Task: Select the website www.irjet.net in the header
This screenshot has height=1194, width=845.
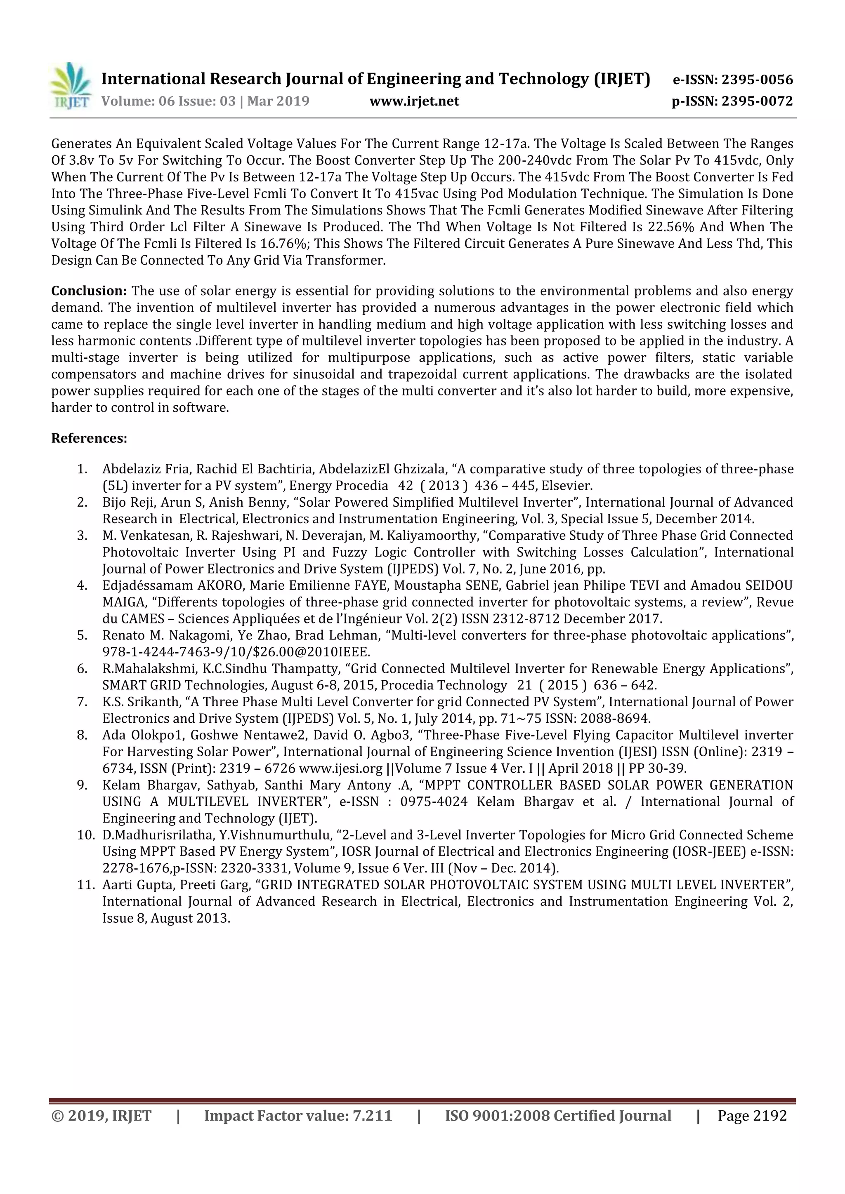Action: point(414,101)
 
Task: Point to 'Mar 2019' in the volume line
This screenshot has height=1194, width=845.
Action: point(279,101)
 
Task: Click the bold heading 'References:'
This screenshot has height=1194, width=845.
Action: point(89,438)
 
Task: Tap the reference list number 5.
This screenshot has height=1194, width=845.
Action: point(82,635)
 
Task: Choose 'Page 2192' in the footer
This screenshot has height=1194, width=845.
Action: point(752,1116)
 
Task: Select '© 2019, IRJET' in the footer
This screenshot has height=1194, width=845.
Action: point(101,1116)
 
